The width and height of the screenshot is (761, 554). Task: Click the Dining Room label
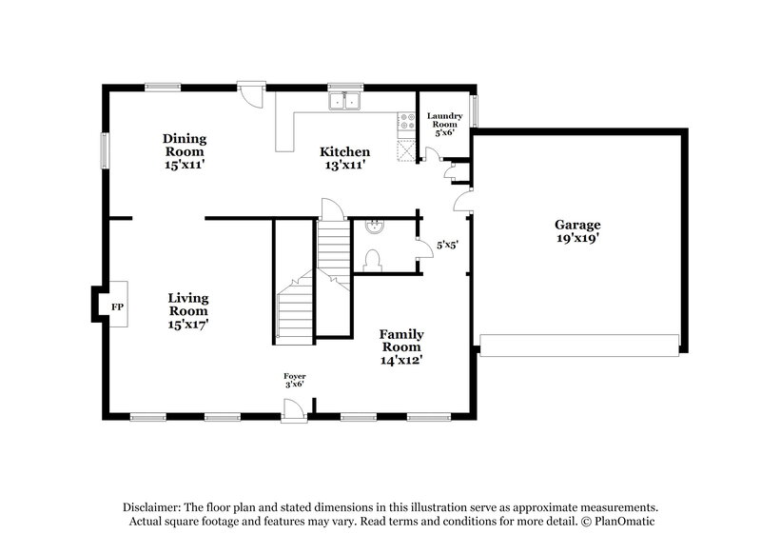coord(185,151)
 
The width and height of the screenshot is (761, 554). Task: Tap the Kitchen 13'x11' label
coord(344,158)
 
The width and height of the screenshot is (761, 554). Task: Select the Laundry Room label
coord(445,124)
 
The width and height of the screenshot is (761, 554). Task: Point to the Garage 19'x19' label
coord(577,231)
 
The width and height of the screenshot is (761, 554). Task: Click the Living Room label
coord(188,310)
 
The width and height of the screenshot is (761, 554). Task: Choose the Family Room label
coord(401,347)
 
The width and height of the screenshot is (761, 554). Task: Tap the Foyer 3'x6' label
coord(294,382)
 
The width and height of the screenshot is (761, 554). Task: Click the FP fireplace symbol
coord(117,307)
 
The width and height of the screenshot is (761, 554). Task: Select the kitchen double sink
coord(346,101)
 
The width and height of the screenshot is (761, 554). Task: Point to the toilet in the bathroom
coord(373,260)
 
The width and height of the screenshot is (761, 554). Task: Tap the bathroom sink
coord(374,227)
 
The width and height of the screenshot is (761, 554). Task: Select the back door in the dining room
coord(251,93)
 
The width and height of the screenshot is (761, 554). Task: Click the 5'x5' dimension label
coord(447,245)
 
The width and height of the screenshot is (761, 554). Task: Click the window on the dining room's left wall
coord(106,151)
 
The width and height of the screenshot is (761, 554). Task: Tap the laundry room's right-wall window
coord(475,111)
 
